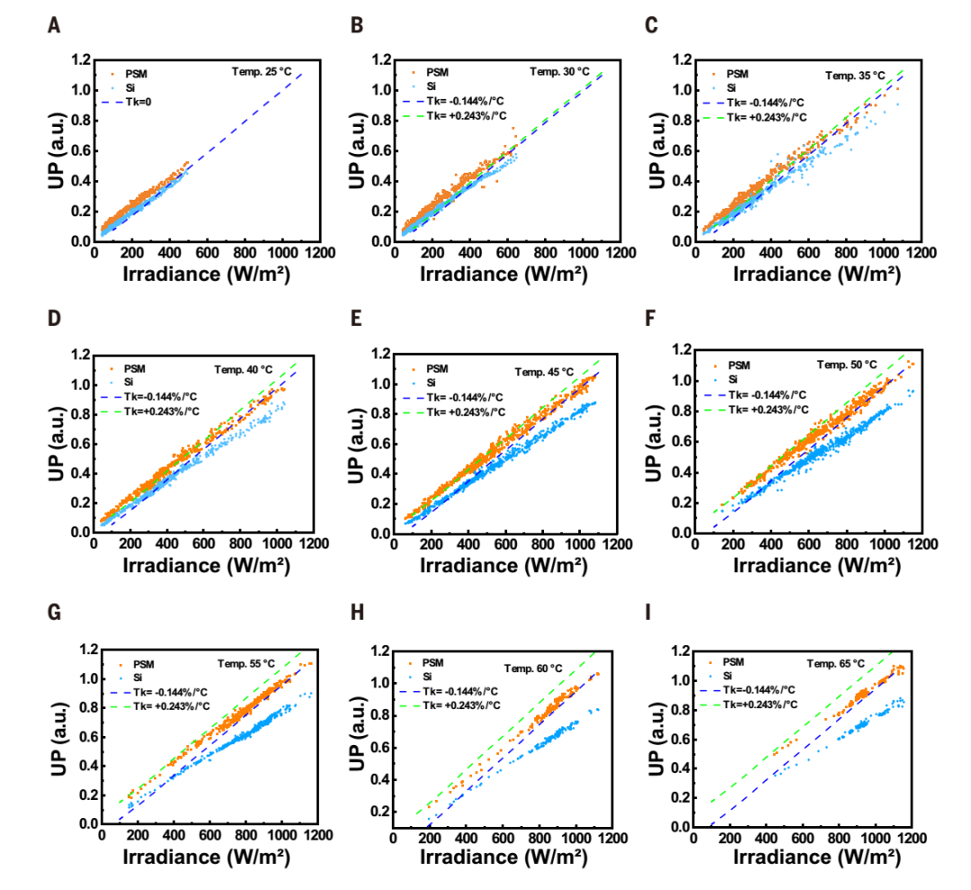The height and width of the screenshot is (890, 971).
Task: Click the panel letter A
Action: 55,24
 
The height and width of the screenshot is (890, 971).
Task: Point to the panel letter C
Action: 652,24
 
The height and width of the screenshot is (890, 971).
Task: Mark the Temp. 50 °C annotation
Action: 846,364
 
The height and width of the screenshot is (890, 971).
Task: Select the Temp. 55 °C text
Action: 247,664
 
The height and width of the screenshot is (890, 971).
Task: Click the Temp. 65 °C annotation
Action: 835,664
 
